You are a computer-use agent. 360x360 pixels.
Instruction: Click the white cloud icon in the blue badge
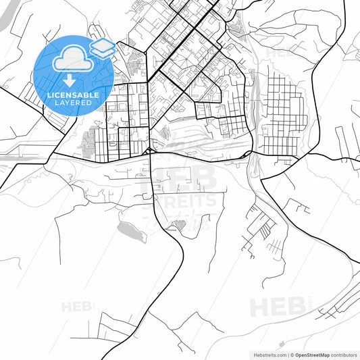pos(70,59)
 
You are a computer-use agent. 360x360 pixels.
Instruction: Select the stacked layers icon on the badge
pos(102,47)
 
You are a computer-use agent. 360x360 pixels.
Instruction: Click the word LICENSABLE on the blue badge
pos(74,95)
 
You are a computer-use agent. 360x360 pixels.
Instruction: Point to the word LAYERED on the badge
pos(74,103)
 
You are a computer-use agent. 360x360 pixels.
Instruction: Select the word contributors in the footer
pos(345,354)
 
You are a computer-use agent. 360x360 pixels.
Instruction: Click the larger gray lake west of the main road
pos(132,232)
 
